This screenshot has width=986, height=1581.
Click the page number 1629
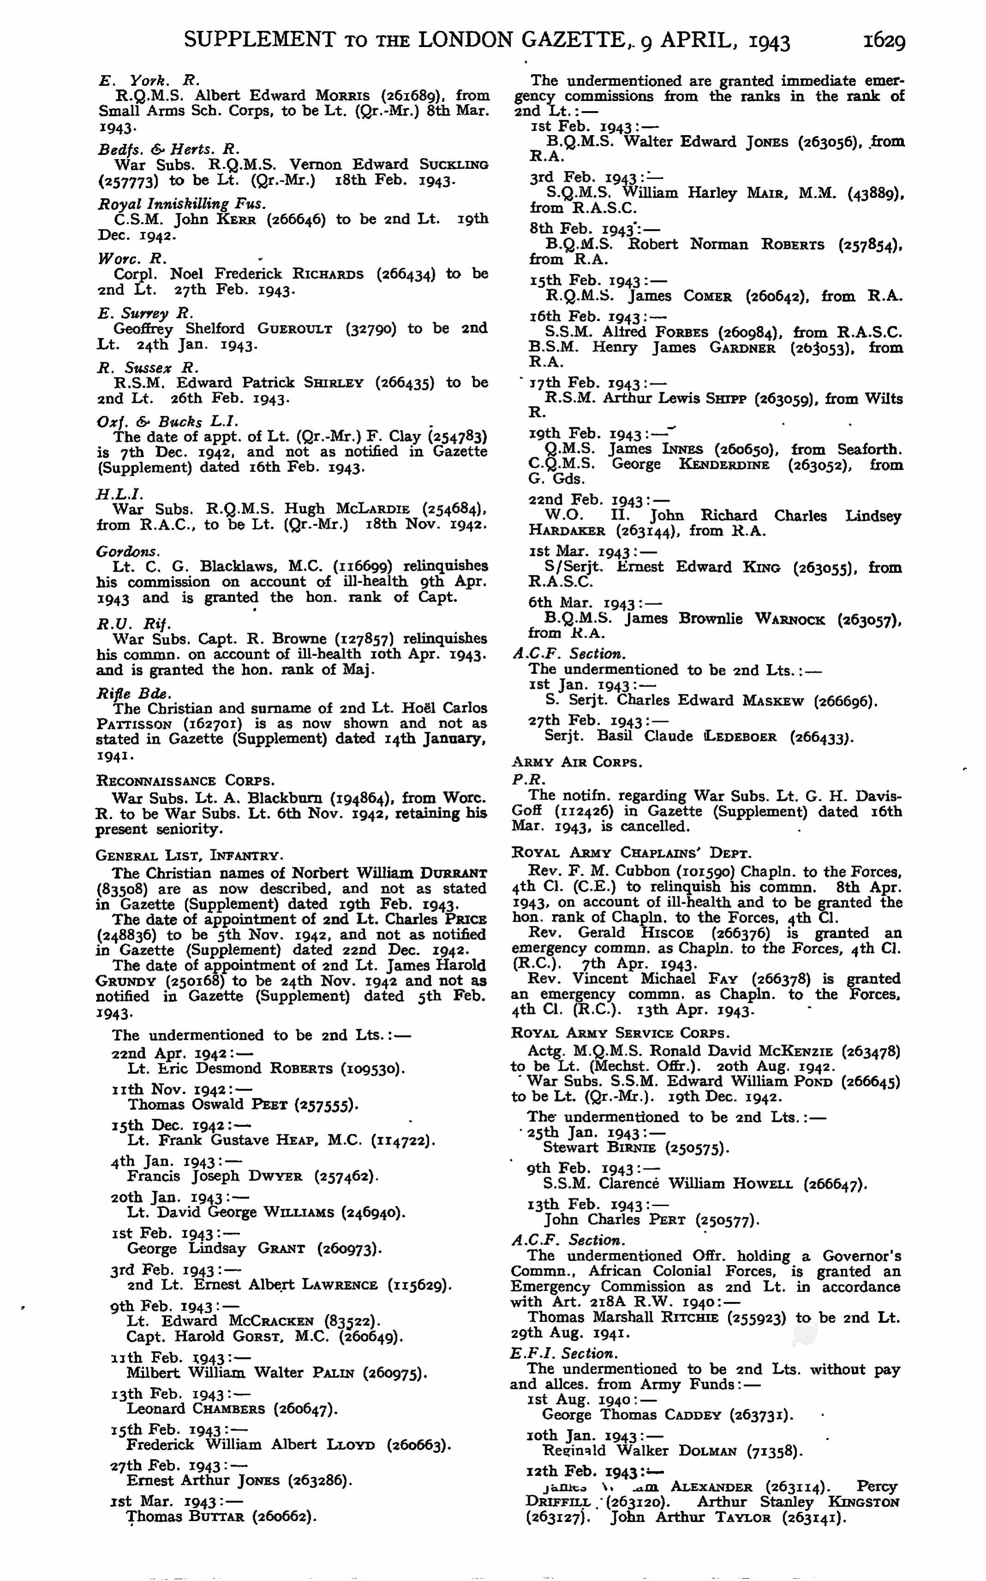pos(884,41)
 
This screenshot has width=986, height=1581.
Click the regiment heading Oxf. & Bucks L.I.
pos(167,421)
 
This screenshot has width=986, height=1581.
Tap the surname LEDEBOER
pos(742,737)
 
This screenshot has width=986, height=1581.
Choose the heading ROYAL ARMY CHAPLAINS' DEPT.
pos(631,853)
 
